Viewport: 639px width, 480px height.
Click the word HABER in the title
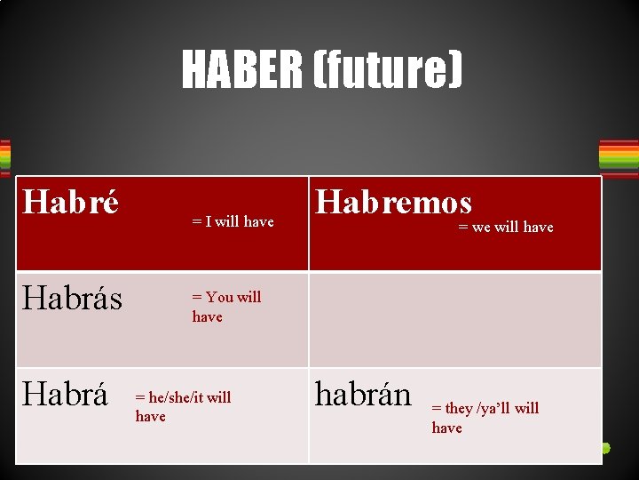point(241,69)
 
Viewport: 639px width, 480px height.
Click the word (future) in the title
point(386,69)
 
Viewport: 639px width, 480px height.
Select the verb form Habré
point(70,203)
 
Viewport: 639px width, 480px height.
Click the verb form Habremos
point(394,203)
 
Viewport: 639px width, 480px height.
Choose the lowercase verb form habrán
point(363,395)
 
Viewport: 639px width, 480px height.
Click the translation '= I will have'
point(233,222)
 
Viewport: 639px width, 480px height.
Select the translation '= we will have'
point(505,228)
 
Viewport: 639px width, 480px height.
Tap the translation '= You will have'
point(226,307)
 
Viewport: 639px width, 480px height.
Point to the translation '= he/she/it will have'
point(182,406)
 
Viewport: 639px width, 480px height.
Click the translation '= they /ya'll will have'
point(485,418)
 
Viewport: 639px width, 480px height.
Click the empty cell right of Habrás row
point(454,320)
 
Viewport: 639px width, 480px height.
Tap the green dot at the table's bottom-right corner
point(606,448)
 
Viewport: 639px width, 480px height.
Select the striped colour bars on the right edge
point(619,156)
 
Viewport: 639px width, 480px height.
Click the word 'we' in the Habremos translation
point(481,228)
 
